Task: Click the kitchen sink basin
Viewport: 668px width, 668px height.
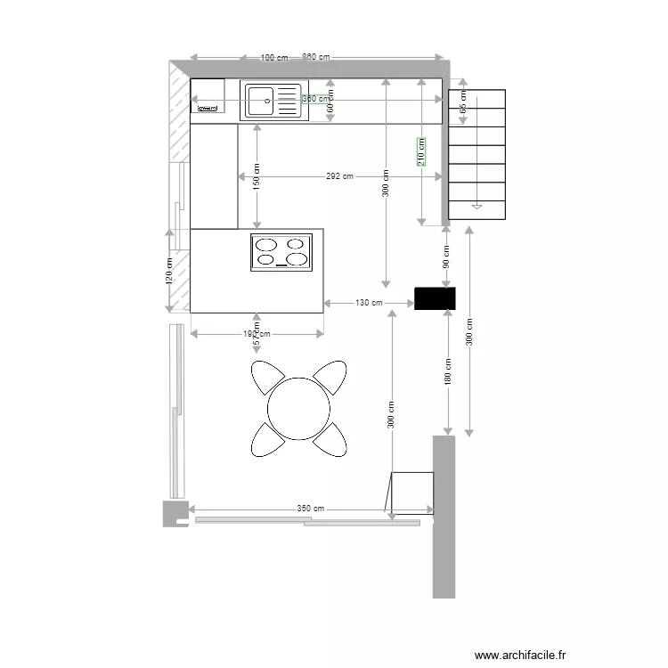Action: click(x=261, y=101)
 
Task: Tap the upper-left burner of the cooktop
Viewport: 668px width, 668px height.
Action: click(x=266, y=244)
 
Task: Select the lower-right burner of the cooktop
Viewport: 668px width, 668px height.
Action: click(x=297, y=260)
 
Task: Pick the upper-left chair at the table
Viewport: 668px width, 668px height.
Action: click(x=266, y=378)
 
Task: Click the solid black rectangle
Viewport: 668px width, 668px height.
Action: click(x=435, y=298)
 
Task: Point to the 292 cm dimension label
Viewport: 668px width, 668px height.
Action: click(x=338, y=176)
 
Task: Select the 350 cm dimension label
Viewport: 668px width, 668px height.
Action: click(x=305, y=509)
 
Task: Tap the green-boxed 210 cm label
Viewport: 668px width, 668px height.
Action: click(x=421, y=151)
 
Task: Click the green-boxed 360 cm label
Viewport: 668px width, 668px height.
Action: click(x=314, y=99)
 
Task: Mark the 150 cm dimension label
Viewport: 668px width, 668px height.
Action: click(x=257, y=176)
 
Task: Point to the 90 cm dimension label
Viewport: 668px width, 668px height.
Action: click(x=446, y=257)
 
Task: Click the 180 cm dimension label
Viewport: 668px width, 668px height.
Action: click(x=448, y=371)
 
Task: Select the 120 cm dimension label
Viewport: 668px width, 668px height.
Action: click(x=169, y=271)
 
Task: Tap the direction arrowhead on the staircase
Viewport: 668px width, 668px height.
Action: click(x=477, y=207)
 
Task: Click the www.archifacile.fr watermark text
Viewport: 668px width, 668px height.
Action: click(x=520, y=655)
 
